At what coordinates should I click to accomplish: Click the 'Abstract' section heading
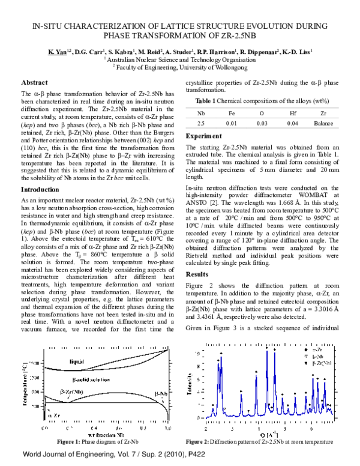pyautogui.click(x=35, y=82)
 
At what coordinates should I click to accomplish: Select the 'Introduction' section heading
pyautogui.click(x=40, y=190)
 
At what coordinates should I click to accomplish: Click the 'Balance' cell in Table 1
pyautogui.click(x=323, y=123)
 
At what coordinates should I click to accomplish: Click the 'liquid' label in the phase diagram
pyautogui.click(x=93, y=362)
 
